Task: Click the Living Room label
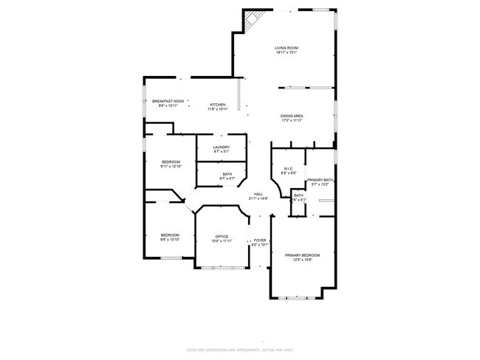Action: [x=286, y=48]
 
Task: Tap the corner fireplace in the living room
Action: [x=254, y=20]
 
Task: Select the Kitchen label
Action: [x=217, y=104]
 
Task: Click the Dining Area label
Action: [x=291, y=116]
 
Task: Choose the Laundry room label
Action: [x=222, y=147]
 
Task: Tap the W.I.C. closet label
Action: [x=289, y=169]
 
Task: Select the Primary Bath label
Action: [x=320, y=180]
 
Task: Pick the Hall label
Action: [x=258, y=194]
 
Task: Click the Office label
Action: [x=222, y=236]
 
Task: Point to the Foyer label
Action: [x=260, y=240]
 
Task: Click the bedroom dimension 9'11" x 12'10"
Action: [x=171, y=166]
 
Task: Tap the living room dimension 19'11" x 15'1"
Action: [x=286, y=52]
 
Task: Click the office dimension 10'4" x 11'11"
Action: [x=222, y=240]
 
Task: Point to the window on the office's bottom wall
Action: [x=222, y=267]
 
